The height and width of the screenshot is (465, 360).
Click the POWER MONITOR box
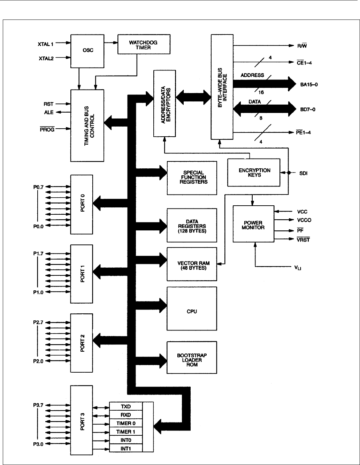coord(254,224)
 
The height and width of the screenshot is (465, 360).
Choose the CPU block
coord(192,308)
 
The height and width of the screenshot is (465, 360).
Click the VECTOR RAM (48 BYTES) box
coord(192,264)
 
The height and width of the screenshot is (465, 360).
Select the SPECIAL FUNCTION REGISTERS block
coord(192,177)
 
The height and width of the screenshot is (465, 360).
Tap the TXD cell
coord(126,406)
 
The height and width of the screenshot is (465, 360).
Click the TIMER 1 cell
coord(126,432)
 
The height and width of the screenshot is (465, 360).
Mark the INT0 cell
coord(126,440)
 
